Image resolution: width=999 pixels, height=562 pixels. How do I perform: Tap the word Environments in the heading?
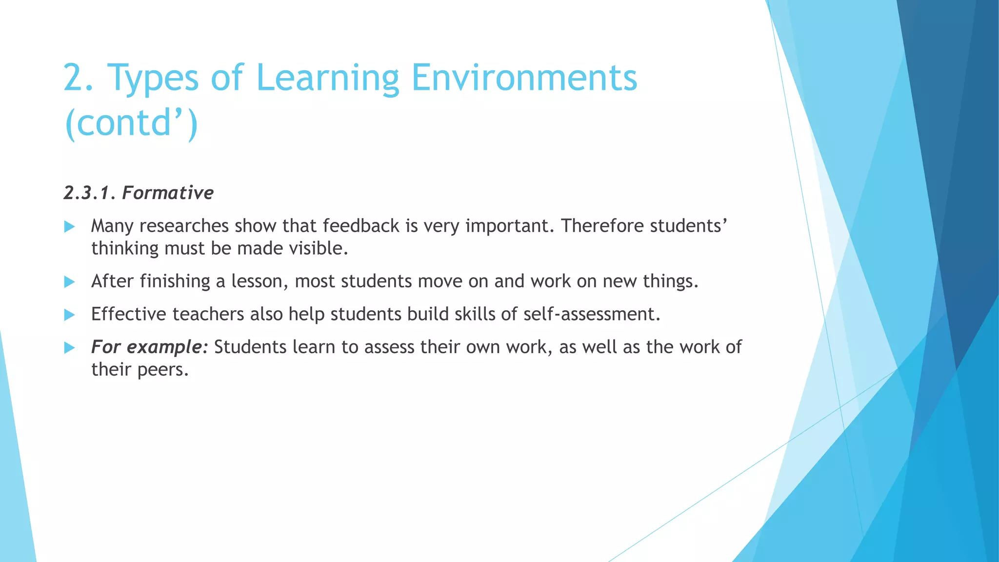[524, 78]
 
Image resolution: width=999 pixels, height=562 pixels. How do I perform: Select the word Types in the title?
[153, 78]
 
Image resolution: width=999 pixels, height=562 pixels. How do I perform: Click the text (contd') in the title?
[131, 123]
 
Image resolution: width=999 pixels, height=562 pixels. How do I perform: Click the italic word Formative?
[168, 193]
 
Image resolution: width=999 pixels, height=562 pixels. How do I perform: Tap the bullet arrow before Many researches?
[70, 226]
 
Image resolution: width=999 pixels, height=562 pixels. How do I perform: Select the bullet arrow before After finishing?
[70, 281]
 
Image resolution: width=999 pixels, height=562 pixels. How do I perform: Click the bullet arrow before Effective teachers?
[70, 315]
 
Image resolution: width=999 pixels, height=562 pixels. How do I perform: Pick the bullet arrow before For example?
[70, 348]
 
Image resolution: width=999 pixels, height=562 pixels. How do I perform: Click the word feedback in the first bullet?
[361, 226]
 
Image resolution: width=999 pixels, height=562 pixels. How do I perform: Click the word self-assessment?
[591, 314]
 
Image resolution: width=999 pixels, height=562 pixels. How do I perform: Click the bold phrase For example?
[149, 347]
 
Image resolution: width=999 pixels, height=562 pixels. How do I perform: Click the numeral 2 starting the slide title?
[74, 78]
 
